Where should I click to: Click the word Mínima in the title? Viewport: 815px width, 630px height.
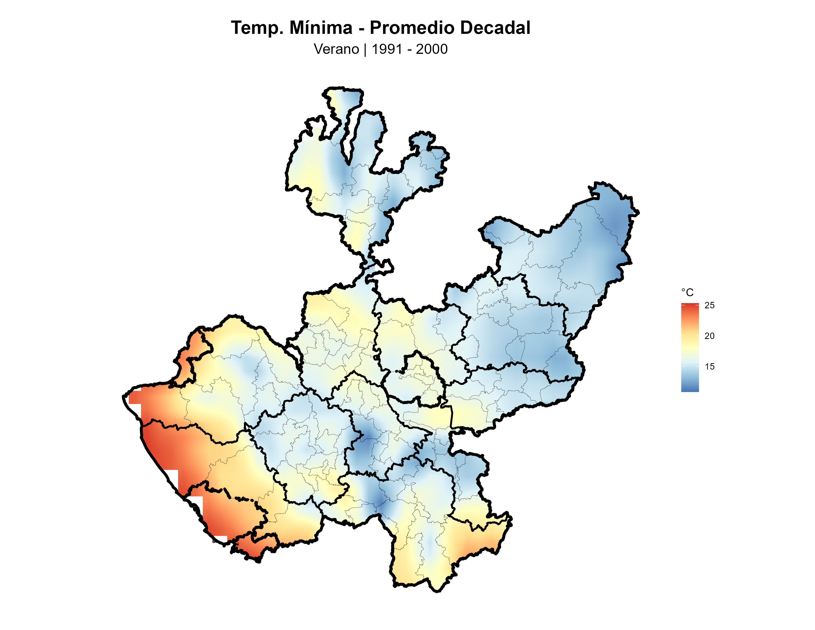click(x=321, y=28)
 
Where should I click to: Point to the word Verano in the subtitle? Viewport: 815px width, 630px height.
click(x=336, y=49)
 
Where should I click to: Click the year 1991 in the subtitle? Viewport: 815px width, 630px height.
click(x=387, y=49)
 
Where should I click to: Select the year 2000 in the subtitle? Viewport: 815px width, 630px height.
click(x=432, y=49)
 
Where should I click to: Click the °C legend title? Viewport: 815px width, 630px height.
click(x=687, y=293)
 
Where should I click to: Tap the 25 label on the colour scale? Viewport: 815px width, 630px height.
click(x=709, y=305)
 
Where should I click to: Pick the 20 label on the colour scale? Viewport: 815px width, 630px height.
click(x=709, y=336)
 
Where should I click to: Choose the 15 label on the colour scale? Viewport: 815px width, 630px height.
click(x=709, y=366)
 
